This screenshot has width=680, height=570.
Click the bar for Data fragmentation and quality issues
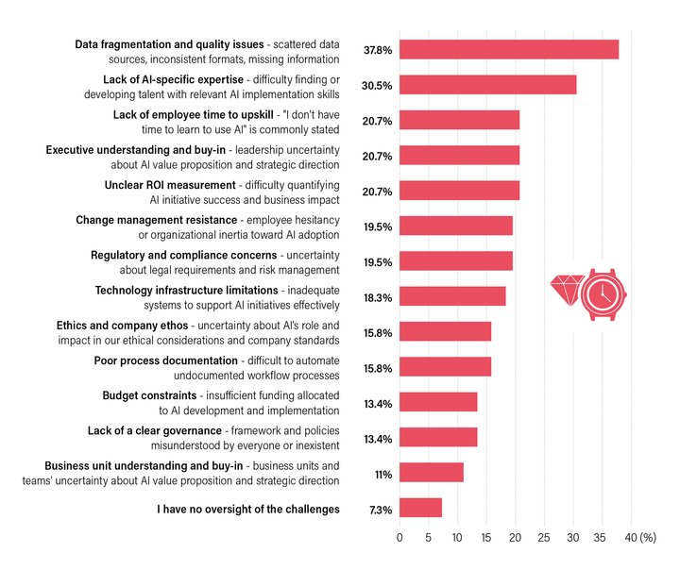coord(509,50)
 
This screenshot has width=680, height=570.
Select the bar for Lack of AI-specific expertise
coord(487,85)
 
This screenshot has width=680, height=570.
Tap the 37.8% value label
coord(378,50)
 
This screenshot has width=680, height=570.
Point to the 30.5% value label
coord(378,85)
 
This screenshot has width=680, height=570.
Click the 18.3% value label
coord(378,297)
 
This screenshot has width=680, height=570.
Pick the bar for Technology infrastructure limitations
coord(452,296)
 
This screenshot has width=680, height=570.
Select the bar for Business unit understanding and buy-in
coord(432,473)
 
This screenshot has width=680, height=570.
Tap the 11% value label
coord(382,474)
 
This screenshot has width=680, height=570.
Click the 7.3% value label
coord(380,510)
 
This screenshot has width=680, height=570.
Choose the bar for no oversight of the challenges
coord(420,508)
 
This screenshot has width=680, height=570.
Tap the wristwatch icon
coord(603,294)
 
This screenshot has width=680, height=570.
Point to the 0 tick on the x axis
coord(399,537)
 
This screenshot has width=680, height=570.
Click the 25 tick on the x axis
coord(544,537)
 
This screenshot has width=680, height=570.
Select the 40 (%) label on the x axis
coord(640,537)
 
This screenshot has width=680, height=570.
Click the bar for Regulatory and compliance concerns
coord(456,261)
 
